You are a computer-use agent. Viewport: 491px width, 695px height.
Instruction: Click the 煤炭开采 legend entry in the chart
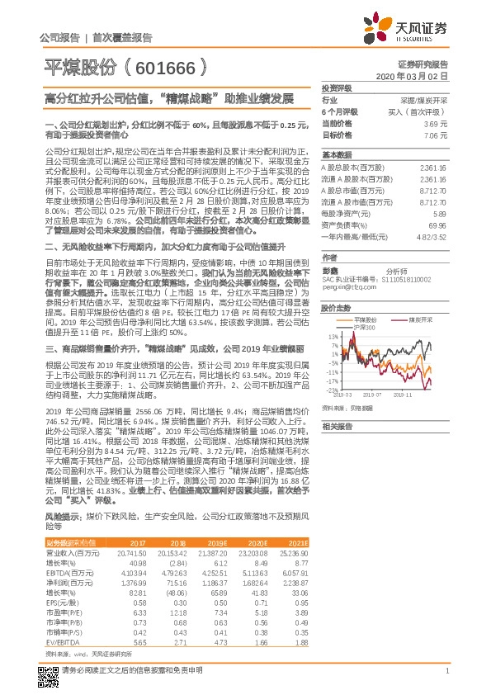point(423,319)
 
